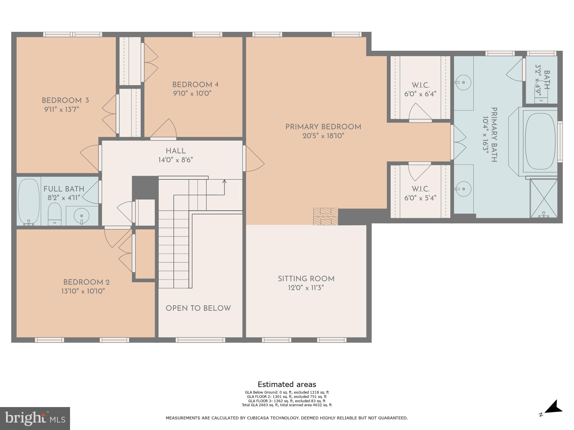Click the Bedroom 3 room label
point(65,101)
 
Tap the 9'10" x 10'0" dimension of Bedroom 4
point(192,93)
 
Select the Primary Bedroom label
point(323,127)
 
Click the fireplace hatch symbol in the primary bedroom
point(326,216)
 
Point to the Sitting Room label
point(306,279)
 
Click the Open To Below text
point(198,308)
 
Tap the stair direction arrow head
point(224,181)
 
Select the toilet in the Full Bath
point(54,214)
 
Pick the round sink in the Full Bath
point(82,215)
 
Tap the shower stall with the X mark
point(543,198)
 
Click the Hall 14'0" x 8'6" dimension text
point(176,160)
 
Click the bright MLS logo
point(34,419)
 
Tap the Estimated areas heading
point(287,384)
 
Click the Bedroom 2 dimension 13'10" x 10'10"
point(83,291)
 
